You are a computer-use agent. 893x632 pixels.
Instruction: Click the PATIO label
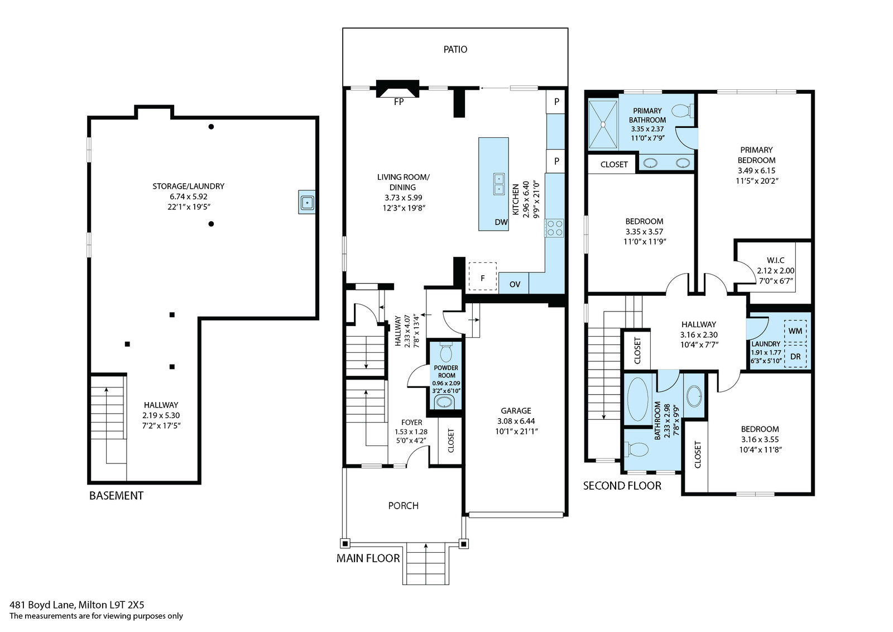coord(455,49)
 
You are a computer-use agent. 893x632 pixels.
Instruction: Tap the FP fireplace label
coord(399,102)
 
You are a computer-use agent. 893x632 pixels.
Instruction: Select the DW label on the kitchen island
coord(501,222)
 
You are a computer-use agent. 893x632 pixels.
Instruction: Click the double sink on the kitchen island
coord(498,184)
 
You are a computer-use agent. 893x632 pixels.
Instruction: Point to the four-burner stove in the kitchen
coord(555,228)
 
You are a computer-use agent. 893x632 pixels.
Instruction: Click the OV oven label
coord(515,284)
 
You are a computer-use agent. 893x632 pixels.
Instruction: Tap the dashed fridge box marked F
coord(482,276)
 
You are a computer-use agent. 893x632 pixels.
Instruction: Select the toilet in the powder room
coord(446,351)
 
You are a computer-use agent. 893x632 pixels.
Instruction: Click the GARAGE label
coord(516,410)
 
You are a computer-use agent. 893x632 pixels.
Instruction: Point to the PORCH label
coord(403,506)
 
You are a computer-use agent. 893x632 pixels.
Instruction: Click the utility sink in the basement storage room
coord(307,203)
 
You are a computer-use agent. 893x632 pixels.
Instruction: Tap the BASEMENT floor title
coord(116,496)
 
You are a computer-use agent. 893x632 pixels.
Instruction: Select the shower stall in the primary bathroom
coord(603,125)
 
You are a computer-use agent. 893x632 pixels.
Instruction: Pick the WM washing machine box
coord(795,331)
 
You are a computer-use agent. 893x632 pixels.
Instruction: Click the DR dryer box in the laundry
coord(795,356)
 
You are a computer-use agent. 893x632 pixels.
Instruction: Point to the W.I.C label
coord(775,260)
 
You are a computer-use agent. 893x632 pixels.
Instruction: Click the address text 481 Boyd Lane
coord(42,605)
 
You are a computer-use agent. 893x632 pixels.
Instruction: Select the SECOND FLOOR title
coord(622,486)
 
